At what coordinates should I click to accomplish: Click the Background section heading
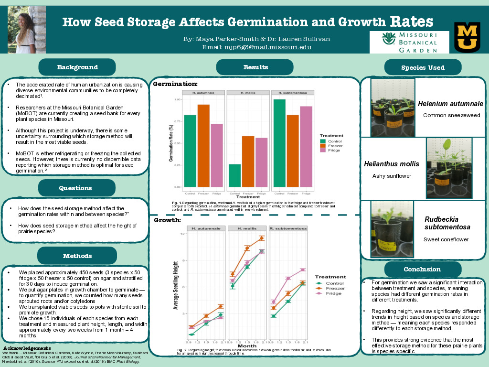[x=77, y=67]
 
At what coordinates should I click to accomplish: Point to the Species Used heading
[x=423, y=68]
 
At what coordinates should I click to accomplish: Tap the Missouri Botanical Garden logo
[x=410, y=42]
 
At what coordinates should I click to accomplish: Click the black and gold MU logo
[x=467, y=37]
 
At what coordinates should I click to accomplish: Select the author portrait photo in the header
[x=27, y=29]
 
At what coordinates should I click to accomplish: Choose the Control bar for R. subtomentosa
[x=279, y=143]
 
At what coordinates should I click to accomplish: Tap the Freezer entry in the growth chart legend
[x=334, y=288]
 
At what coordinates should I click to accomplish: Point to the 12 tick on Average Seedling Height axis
[x=182, y=234]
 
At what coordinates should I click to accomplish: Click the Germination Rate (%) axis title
[x=170, y=143]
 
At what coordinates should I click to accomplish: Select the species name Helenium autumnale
[x=450, y=104]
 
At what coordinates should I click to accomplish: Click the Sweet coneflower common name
[x=446, y=239]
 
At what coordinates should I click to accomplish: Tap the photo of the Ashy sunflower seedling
[x=449, y=162]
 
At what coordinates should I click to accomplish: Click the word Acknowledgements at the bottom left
[x=27, y=347]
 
